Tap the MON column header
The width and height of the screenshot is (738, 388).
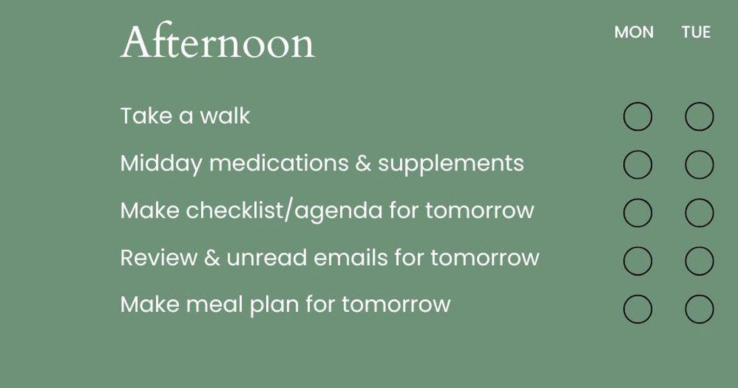(634, 32)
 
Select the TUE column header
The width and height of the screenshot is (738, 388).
(696, 32)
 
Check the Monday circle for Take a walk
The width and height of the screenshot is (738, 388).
(638, 117)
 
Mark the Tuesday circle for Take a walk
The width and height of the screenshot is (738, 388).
(699, 117)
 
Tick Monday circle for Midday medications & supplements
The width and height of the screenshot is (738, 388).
(638, 164)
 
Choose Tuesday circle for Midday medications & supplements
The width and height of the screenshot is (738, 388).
(699, 164)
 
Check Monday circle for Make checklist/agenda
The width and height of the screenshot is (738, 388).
(638, 213)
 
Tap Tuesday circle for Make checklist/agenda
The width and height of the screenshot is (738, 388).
(699, 213)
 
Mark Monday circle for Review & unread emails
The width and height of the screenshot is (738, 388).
(638, 261)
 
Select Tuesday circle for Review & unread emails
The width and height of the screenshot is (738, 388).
(699, 261)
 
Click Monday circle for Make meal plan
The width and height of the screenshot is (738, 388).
(638, 309)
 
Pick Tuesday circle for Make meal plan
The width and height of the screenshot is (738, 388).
(699, 309)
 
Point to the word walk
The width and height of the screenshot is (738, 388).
(225, 116)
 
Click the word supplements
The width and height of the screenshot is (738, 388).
(451, 164)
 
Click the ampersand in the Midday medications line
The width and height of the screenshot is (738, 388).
(363, 164)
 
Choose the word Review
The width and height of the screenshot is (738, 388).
(158, 258)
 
